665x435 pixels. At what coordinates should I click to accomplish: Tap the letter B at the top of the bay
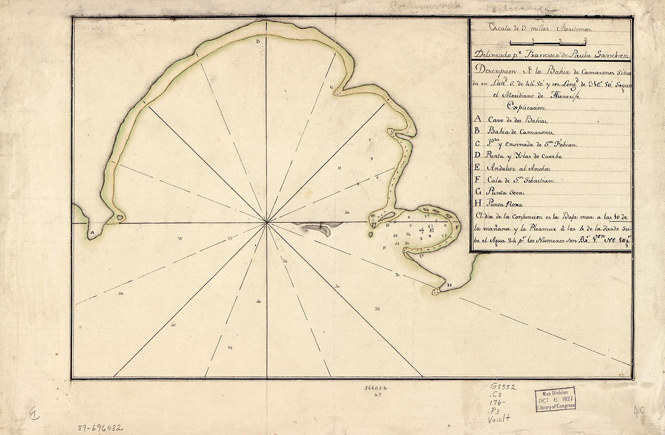point(258,42)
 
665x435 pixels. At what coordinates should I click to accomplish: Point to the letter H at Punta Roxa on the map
point(449,285)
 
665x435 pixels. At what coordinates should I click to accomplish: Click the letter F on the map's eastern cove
point(457,227)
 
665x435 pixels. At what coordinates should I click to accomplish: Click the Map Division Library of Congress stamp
point(554,400)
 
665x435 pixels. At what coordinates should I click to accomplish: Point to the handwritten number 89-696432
point(100,428)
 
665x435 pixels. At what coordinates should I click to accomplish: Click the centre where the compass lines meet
point(267,223)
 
